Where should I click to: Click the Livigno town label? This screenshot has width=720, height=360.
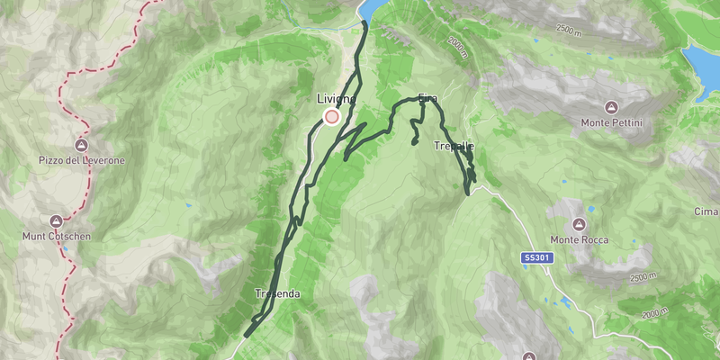tap(336, 98)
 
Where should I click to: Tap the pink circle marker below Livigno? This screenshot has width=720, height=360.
tap(331, 116)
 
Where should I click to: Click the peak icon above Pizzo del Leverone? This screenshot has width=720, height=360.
tap(82, 144)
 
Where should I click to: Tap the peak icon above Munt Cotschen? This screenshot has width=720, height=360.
tap(56, 220)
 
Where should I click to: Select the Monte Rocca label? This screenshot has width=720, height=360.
tap(580, 239)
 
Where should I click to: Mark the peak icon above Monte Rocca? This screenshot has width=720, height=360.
tap(580, 224)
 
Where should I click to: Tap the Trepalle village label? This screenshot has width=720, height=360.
tap(454, 146)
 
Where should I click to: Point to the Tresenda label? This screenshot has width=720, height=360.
tap(276, 294)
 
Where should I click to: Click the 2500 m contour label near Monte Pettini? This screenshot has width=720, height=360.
tap(576, 30)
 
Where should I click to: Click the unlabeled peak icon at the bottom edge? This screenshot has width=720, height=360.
tap(529, 355)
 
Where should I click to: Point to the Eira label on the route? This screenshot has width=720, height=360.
tap(427, 97)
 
